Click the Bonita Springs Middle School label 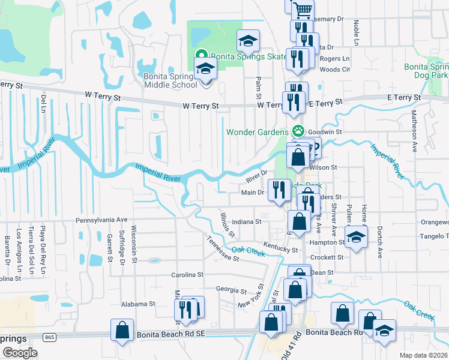click(x=170, y=80)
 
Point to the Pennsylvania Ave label click(x=101, y=220)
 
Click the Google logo click(x=20, y=352)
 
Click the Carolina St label click(x=179, y=275)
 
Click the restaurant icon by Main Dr click(x=279, y=190)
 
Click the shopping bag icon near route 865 click(x=122, y=329)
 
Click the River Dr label click(x=256, y=177)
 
